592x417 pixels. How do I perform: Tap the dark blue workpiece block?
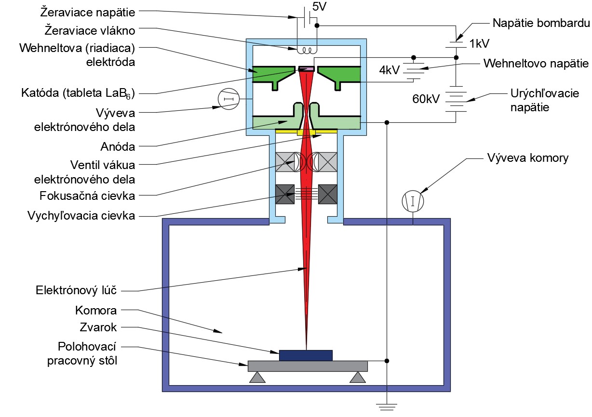click(306, 355)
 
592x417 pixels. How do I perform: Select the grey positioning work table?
click(308, 366)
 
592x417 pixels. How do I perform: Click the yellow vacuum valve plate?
click(307, 131)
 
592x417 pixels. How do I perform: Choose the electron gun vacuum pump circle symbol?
click(229, 99)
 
